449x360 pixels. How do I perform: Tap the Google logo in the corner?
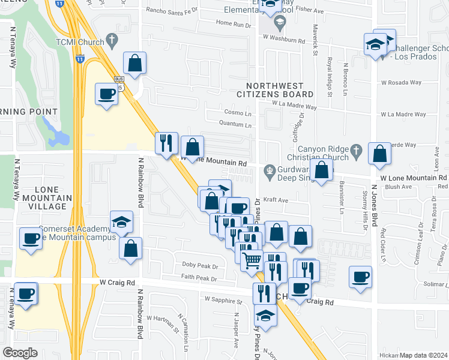coord(20,353)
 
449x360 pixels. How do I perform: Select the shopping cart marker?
coord(252,260)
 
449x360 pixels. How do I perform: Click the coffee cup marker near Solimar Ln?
coord(360,277)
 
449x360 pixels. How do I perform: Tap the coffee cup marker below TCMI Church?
coord(107,94)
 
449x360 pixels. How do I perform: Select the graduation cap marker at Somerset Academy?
coord(121,223)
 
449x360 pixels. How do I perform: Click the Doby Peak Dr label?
coord(199,265)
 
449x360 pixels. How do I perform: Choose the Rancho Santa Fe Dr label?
coord(172,10)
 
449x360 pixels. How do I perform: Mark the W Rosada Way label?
coord(403,83)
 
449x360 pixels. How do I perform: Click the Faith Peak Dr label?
coord(200,278)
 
